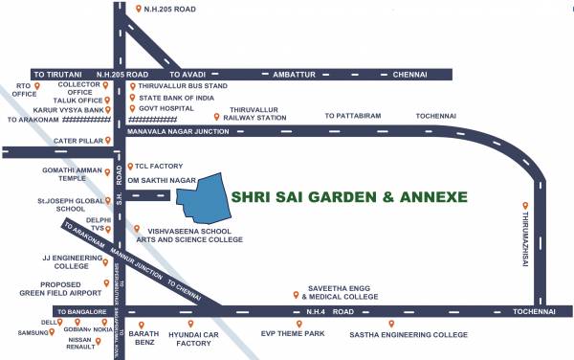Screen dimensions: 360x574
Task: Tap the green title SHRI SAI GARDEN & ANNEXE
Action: click(x=349, y=197)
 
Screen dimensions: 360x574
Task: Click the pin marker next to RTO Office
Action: click(x=39, y=86)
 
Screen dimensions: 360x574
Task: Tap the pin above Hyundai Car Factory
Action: click(x=191, y=324)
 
